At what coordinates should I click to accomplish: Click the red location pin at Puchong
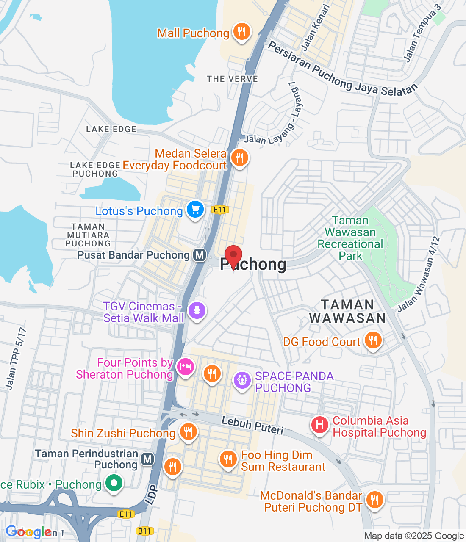(x=233, y=255)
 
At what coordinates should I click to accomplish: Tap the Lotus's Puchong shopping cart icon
(x=195, y=209)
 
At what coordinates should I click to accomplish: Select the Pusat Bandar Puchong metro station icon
(x=200, y=255)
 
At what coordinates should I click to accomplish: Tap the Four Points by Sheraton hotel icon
(x=185, y=367)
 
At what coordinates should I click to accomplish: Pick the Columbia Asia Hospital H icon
(x=320, y=424)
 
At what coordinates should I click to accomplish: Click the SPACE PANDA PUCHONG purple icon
(x=242, y=380)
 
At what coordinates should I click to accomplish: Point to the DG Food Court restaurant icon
(x=373, y=340)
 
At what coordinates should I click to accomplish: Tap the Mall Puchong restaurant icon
(x=241, y=31)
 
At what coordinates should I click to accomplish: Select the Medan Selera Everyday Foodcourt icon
(x=239, y=158)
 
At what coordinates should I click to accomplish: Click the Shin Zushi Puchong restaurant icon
(x=188, y=431)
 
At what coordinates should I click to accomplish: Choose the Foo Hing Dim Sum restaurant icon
(x=228, y=459)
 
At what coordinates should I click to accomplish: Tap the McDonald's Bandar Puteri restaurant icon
(x=374, y=500)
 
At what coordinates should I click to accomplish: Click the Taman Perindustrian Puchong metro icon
(x=147, y=459)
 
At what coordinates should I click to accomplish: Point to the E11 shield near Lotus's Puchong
(x=220, y=210)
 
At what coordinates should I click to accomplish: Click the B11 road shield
(x=144, y=531)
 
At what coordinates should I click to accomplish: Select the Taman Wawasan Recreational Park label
(x=350, y=238)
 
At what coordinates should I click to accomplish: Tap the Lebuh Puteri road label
(x=252, y=425)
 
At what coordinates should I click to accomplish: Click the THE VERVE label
(x=232, y=79)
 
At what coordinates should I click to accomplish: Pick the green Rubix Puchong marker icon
(x=114, y=483)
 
